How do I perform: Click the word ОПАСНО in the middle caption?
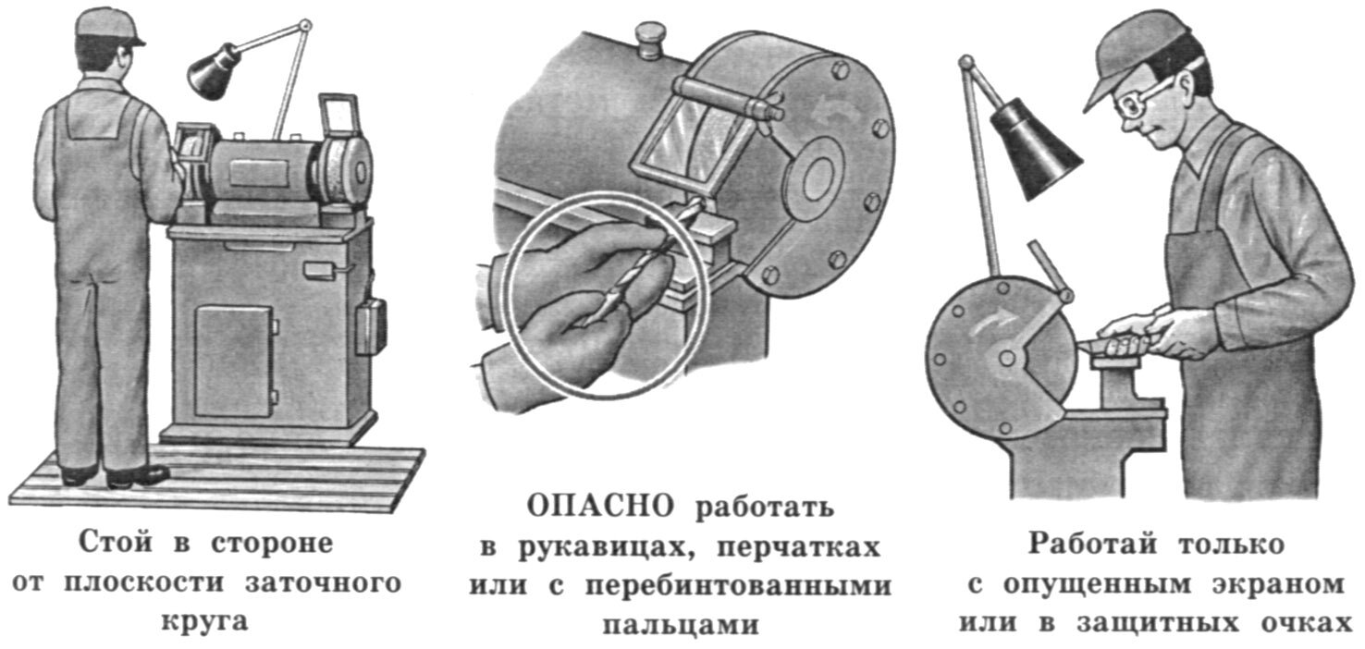click(600, 507)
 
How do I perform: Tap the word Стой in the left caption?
click(115, 543)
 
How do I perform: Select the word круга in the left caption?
click(204, 622)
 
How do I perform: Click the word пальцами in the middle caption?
click(681, 625)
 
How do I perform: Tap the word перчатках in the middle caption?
click(798, 546)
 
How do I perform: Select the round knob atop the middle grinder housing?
click(649, 39)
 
